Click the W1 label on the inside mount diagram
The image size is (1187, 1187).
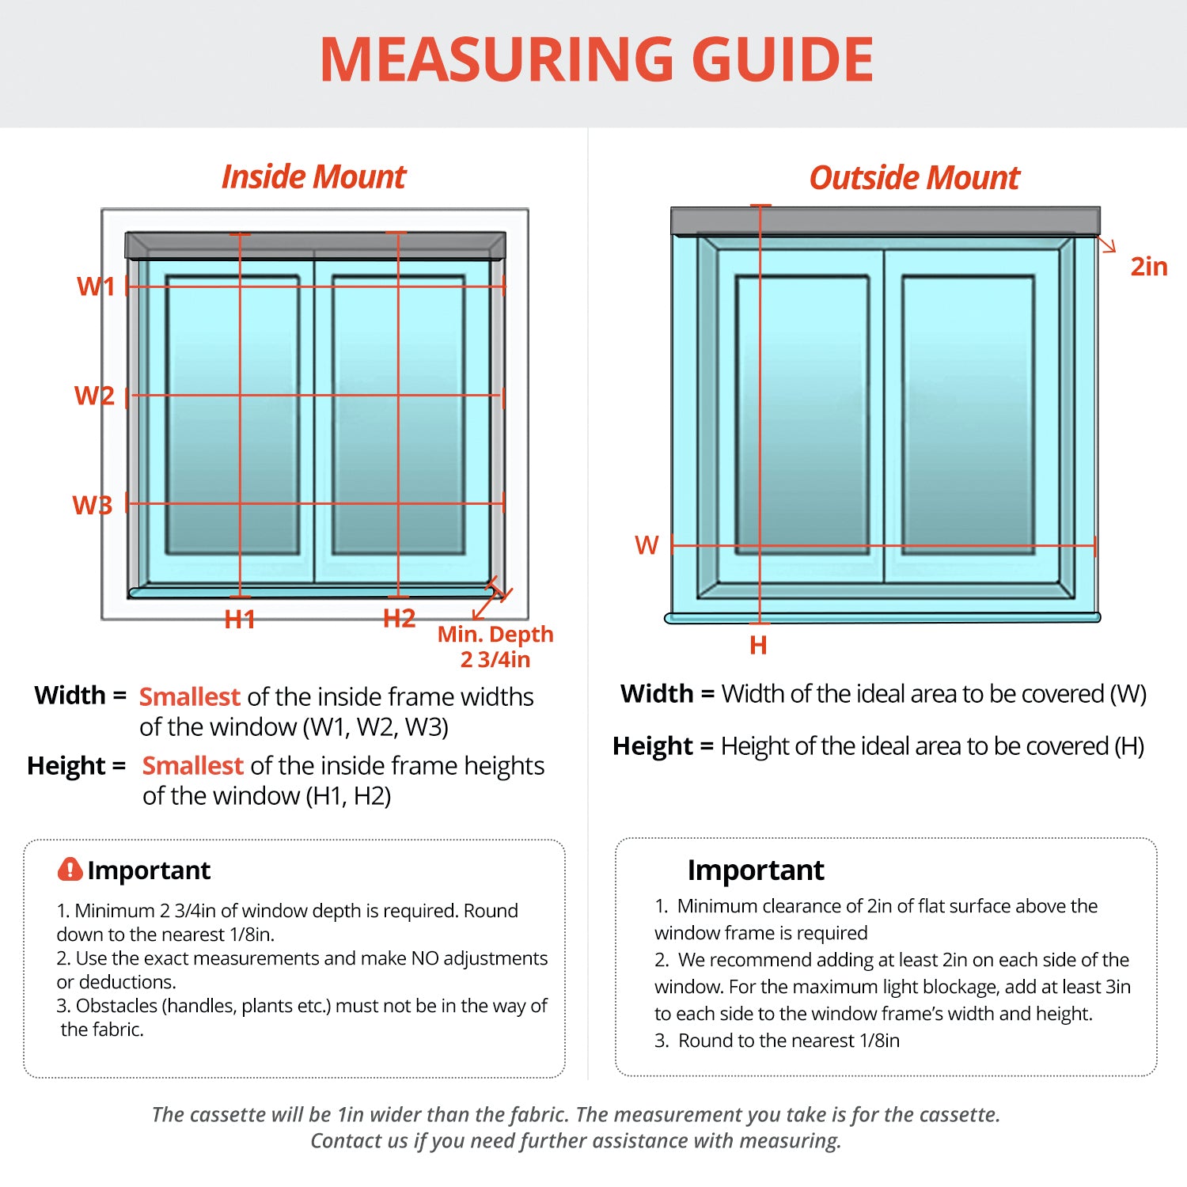pos(96,286)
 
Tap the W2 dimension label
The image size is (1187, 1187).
pos(94,395)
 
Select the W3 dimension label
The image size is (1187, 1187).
pos(93,504)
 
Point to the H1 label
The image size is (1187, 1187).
pos(240,619)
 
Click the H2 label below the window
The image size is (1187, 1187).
pos(400,618)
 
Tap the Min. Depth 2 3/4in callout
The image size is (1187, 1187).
pos(495,647)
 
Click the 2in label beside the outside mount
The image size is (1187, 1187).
pos(1149,266)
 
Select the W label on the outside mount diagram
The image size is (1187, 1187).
pos(647,544)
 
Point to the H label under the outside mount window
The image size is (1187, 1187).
pos(758,645)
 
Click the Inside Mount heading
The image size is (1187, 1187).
pos(313,176)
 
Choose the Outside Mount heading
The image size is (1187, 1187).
pos(914,177)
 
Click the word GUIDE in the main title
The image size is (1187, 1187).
pos(783,60)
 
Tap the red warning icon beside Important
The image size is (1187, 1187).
pos(70,869)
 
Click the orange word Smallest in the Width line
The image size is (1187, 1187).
pos(189,696)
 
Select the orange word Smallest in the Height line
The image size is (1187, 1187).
pos(192,765)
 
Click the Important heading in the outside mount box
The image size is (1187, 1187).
pos(756,870)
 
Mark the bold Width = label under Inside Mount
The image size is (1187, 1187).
pos(81,695)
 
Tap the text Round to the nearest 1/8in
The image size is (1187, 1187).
pos(789,1040)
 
